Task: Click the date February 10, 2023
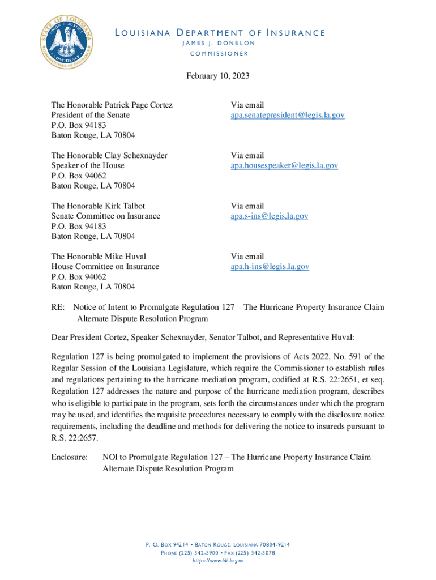[217, 75]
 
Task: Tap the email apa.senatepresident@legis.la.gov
[287, 115]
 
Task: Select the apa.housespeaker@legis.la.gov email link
[284, 165]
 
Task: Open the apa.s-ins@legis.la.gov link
[269, 216]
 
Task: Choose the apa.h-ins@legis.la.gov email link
[270, 266]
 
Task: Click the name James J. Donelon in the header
[219, 43]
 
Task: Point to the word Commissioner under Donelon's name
[219, 54]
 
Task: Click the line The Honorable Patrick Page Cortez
[112, 105]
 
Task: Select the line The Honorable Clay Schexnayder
[109, 155]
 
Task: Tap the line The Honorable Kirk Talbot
[102, 206]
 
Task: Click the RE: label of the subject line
[58, 307]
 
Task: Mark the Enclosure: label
[70, 457]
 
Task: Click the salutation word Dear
[60, 338]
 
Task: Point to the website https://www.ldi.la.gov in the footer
[218, 561]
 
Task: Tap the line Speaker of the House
[88, 165]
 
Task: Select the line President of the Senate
[91, 115]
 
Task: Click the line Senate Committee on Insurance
[106, 216]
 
